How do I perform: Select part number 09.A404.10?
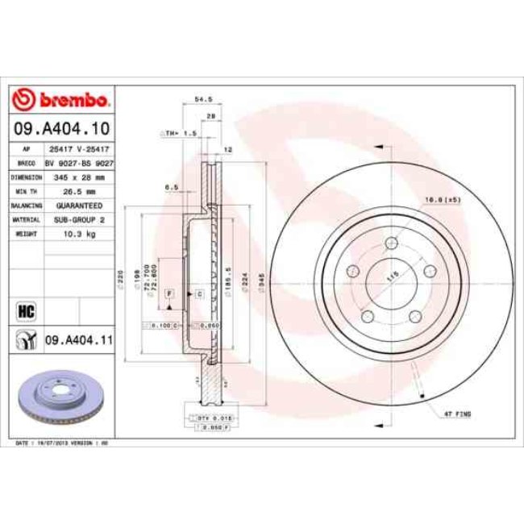pyautogui.click(x=60, y=128)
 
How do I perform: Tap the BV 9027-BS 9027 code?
pyautogui.click(x=79, y=163)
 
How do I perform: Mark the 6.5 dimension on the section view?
pyautogui.click(x=171, y=188)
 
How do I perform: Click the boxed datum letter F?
pyautogui.click(x=169, y=293)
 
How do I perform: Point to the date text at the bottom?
pyautogui.click(x=61, y=443)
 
